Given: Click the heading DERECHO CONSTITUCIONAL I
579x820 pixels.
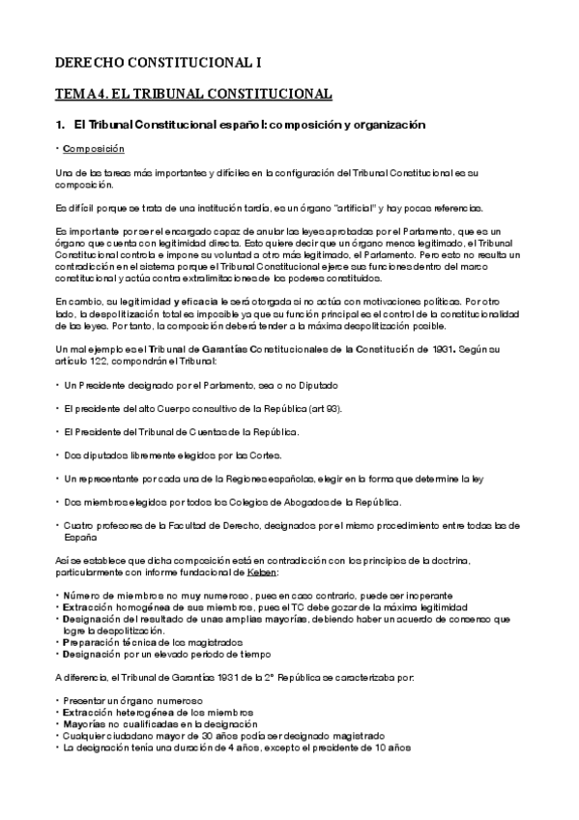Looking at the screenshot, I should click(x=158, y=63).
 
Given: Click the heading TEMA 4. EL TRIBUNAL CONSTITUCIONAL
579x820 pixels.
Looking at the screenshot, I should click(x=193, y=94).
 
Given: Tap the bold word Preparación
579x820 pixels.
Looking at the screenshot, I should click(x=96, y=640).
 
